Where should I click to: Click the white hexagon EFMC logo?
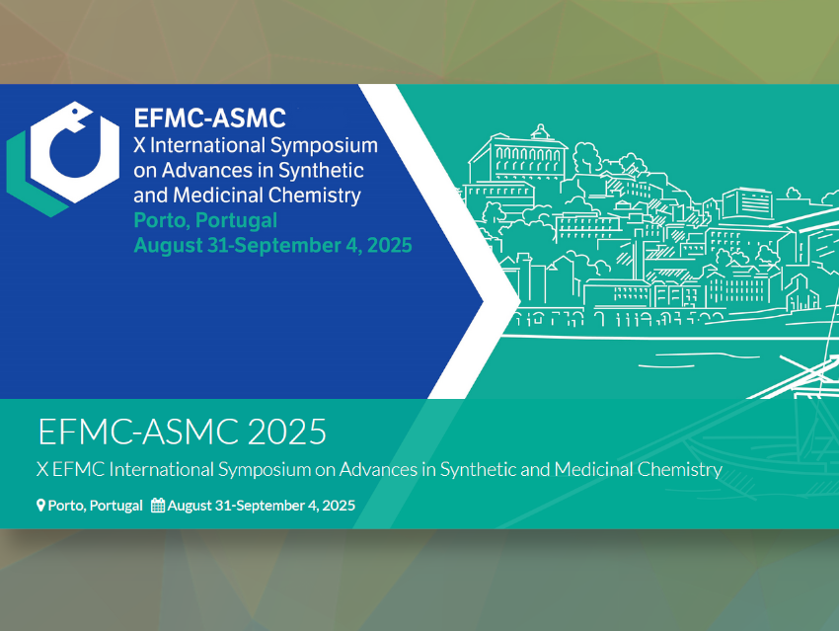click(75, 152)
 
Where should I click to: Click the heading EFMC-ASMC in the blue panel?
click(209, 118)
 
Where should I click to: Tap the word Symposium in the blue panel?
click(324, 146)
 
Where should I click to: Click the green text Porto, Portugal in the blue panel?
click(205, 220)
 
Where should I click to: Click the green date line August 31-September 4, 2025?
click(272, 246)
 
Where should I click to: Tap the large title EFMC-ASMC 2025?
click(182, 432)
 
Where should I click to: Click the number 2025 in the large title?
click(287, 432)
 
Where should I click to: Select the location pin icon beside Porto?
click(40, 506)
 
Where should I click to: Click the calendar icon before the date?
click(158, 506)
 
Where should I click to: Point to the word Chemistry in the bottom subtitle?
click(679, 470)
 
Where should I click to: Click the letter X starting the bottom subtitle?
click(42, 469)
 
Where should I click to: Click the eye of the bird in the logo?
click(75, 112)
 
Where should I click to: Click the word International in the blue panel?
click(207, 145)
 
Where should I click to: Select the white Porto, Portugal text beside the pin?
click(95, 506)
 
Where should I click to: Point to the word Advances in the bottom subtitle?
click(378, 469)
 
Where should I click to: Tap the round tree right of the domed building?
click(586, 156)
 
